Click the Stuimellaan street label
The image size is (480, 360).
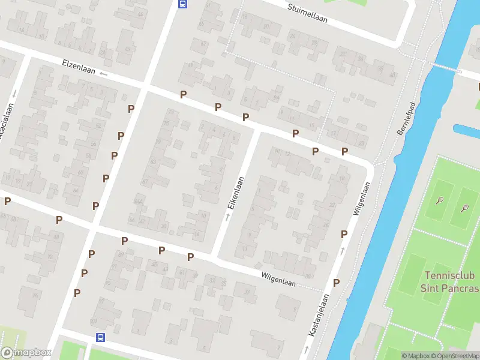click(x=307, y=13)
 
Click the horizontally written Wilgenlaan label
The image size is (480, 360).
click(x=278, y=279)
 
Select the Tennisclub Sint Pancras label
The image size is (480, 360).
click(x=452, y=282)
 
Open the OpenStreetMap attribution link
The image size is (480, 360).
click(x=455, y=356)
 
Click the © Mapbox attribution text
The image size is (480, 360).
click(x=416, y=356)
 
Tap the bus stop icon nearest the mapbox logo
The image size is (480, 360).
click(x=100, y=338)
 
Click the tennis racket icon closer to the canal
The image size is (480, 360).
click(x=440, y=201)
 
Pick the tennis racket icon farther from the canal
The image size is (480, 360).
click(x=464, y=209)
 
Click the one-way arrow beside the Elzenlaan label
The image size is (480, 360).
click(x=103, y=74)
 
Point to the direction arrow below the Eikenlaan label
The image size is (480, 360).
click(x=227, y=217)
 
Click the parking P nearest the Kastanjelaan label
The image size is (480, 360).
click(x=336, y=283)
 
